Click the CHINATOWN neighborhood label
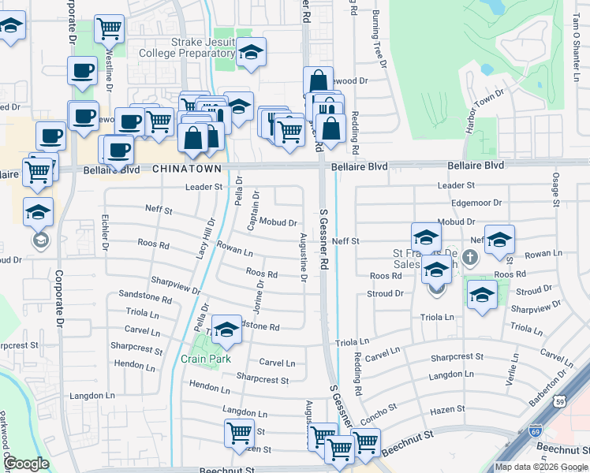[187, 169]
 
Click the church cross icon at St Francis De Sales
[470, 257]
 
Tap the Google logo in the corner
[27, 464]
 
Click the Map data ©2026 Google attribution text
[540, 467]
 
